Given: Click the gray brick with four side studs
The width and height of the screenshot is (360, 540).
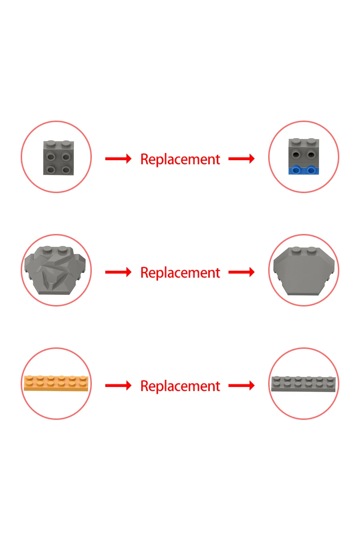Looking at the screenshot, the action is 58,158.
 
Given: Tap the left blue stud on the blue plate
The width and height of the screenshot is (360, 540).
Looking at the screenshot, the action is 296,170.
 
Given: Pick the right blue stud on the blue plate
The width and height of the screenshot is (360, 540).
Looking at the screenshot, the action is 311,170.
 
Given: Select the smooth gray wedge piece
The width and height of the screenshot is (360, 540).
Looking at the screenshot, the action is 303,271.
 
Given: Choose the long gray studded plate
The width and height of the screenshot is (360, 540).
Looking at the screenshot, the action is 303,384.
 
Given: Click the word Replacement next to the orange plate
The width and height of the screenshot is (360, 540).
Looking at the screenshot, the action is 180,386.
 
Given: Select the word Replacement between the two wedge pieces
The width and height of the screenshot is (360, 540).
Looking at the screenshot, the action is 180,272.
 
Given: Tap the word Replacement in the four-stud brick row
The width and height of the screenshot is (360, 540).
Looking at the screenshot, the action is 180,159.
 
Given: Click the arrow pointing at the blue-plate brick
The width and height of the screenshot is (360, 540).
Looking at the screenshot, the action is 242,159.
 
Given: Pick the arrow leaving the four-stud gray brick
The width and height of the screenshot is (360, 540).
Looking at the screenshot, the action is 118,159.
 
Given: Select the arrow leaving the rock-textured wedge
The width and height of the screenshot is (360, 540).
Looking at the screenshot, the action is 118,272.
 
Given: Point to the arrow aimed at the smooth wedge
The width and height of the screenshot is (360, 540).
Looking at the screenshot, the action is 242,272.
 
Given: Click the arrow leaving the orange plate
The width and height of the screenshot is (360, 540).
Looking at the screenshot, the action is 118,386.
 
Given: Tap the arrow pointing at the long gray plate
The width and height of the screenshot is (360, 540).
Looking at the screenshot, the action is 242,386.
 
